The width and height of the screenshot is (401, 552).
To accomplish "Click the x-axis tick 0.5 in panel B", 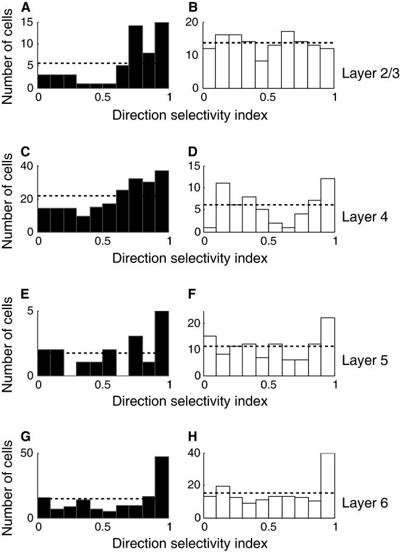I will click(269, 97).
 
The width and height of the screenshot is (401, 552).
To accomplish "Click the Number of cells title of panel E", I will click(9, 343).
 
